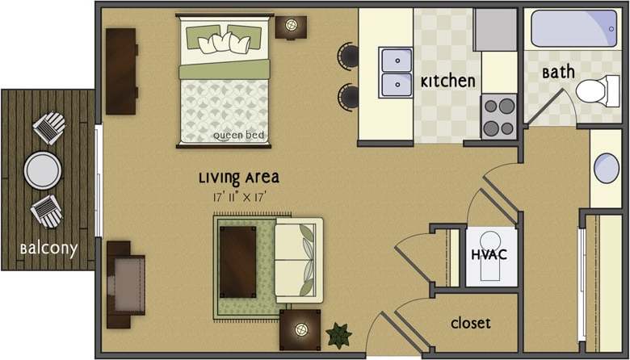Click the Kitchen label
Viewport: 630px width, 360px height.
447,82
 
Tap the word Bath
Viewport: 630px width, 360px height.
558,72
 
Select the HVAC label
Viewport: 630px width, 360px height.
488,255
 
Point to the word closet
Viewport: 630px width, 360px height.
471,323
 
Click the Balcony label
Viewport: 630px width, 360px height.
48,249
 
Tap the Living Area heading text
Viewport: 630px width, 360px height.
239,178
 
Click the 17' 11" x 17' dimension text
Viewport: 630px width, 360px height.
239,195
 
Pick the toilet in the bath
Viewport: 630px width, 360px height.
596,90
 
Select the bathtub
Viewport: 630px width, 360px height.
573,28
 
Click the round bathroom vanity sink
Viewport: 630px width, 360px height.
607,169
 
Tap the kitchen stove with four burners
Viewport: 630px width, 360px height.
499,115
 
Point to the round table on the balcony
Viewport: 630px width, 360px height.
43,170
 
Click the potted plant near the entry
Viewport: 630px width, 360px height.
338,333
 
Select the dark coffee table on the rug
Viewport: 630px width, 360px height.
238,258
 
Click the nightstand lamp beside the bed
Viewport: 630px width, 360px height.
290,26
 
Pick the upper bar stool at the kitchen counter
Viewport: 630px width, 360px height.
348,55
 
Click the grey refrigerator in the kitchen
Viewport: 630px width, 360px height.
494,29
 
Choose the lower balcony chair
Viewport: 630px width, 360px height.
46,211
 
